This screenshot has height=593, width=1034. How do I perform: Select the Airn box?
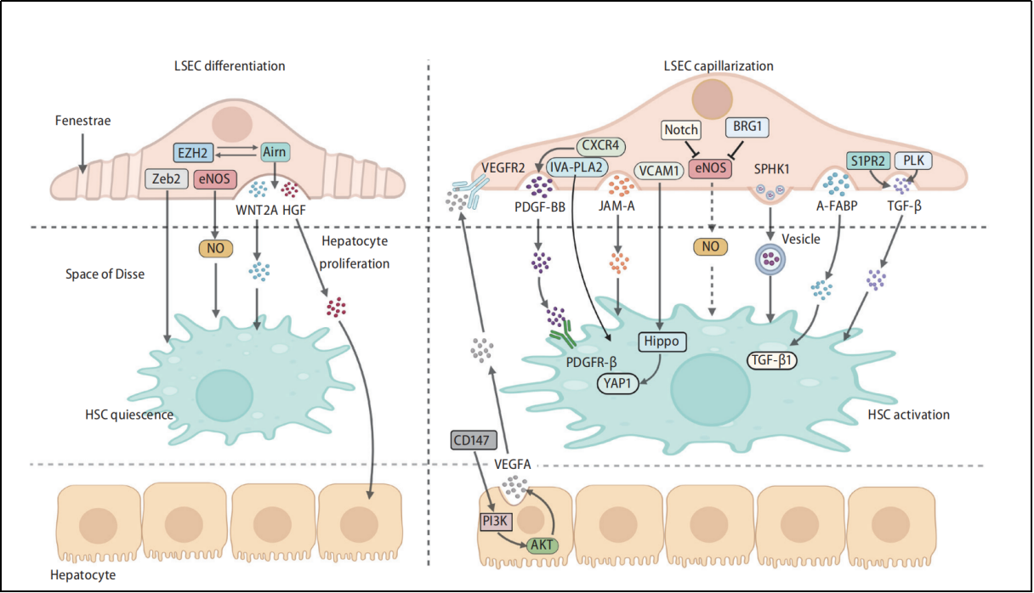click(275, 153)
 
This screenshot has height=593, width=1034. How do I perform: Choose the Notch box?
click(681, 130)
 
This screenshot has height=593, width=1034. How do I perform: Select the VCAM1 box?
click(659, 170)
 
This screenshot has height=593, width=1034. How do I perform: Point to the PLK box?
click(912, 161)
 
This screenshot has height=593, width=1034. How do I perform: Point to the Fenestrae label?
click(82, 121)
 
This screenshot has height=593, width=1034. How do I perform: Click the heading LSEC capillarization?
click(718, 65)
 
